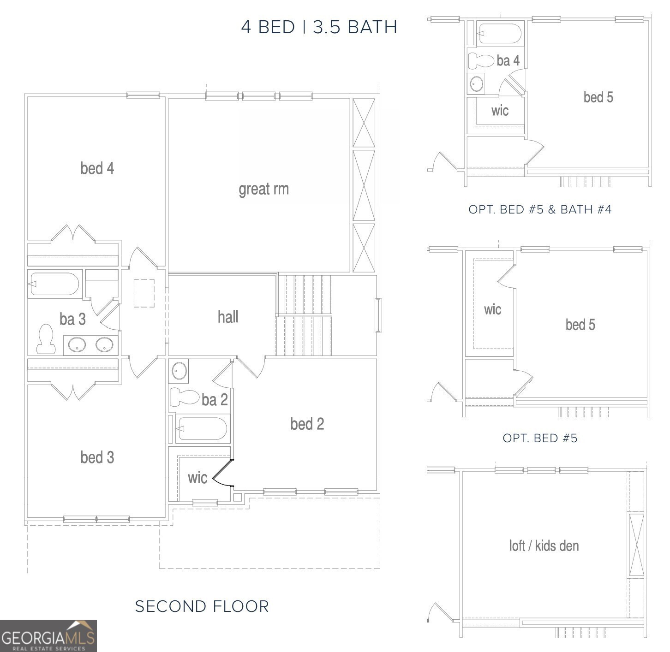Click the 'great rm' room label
(263, 189)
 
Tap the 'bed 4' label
(97, 168)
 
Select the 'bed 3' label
(97, 457)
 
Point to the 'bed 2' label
(307, 424)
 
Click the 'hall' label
(228, 317)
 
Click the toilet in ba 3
(46, 339)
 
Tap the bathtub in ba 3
(54, 284)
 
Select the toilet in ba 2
(184, 397)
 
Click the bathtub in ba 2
(202, 429)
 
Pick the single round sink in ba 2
(179, 371)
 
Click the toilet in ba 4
(480, 61)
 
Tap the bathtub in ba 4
(500, 34)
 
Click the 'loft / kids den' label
(544, 546)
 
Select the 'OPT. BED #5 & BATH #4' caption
(540, 209)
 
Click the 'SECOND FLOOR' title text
(202, 606)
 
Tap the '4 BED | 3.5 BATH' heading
(319, 27)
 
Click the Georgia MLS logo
(48, 636)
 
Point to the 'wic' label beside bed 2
(197, 477)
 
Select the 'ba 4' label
(508, 60)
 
